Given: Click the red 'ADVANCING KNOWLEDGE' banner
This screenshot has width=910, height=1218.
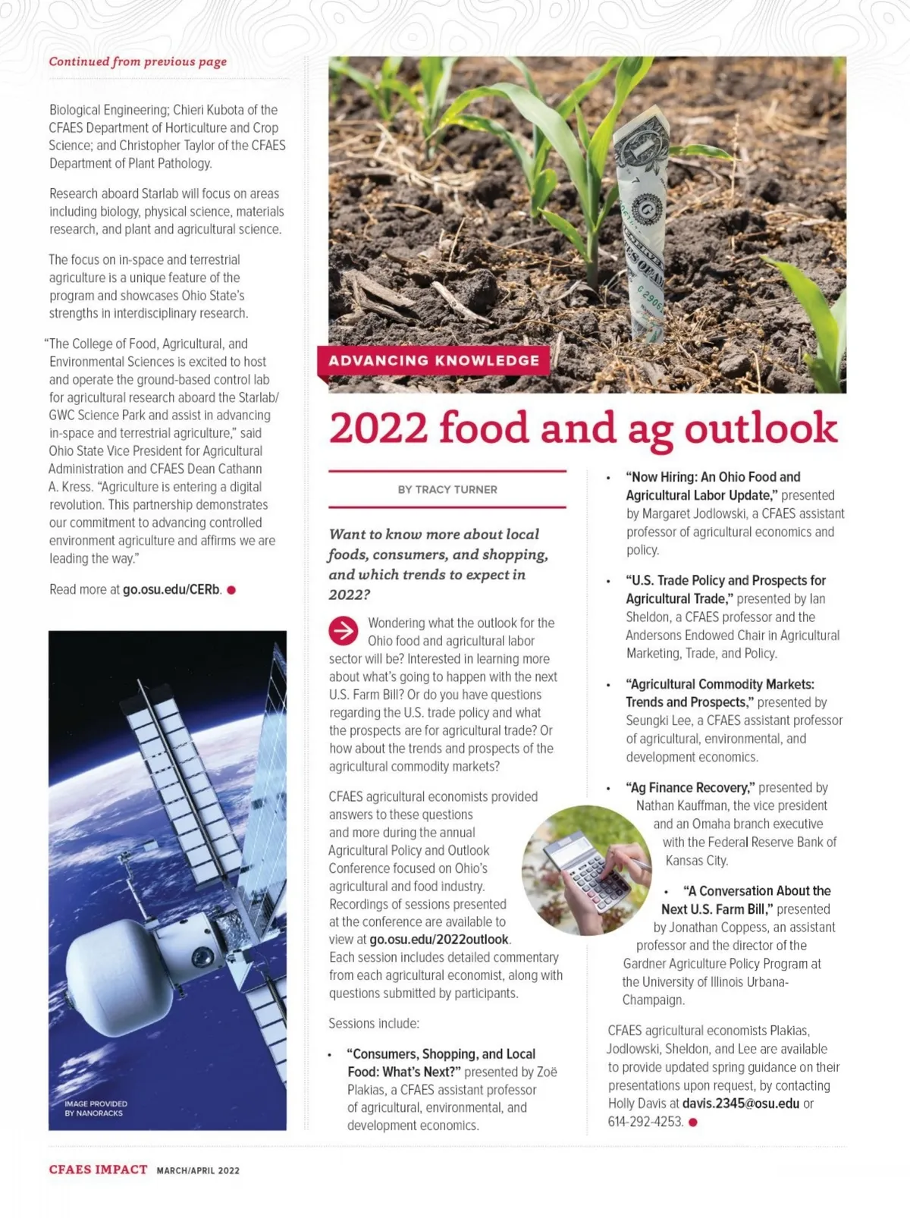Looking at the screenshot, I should coord(434,361).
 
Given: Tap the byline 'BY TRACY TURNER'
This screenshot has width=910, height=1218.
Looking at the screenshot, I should coord(447,490).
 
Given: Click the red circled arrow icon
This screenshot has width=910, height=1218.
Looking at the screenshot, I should coord(344,630).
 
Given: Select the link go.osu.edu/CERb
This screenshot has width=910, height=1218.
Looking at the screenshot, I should coord(171,589).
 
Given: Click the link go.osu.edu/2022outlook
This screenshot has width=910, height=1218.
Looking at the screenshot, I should coord(439,940).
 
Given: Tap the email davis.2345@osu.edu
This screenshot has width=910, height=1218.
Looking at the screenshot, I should coord(740,1103).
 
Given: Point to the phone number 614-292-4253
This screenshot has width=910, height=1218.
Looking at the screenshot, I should coord(645,1122).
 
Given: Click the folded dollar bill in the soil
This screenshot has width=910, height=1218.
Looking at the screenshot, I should coord(642,228).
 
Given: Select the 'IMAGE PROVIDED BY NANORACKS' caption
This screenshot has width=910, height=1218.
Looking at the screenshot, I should coord(96,1108).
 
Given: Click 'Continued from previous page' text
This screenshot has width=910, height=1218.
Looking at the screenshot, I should coord(138,61).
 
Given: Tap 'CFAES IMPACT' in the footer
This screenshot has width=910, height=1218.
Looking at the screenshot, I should coord(98,1169).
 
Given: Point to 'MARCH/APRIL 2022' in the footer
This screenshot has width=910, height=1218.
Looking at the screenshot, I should coord(198,1170).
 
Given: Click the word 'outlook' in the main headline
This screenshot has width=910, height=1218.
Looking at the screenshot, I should coord(761,428).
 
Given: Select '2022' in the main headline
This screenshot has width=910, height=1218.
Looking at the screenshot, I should coord(378,428).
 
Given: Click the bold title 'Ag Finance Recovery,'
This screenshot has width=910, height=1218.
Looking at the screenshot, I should coord(690,787).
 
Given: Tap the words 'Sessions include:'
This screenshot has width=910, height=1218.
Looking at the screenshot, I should coord(374,1024).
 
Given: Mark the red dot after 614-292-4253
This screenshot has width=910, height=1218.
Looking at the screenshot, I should coord(692,1122).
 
